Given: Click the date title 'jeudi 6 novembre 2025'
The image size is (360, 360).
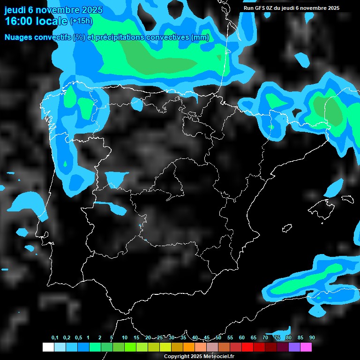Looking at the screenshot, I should click(x=53, y=10).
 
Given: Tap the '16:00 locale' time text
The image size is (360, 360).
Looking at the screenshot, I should click(x=36, y=21).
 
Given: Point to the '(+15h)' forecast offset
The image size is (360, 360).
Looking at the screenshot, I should click(x=81, y=21).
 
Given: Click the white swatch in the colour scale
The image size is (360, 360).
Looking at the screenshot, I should click(x=48, y=347).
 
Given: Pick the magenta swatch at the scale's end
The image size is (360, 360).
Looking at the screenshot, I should click(x=306, y=347).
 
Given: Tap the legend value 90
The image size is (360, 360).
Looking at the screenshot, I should click(x=312, y=338).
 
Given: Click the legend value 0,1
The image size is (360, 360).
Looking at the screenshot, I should click(x=55, y=338).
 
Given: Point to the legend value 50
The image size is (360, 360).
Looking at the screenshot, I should click(x=218, y=338).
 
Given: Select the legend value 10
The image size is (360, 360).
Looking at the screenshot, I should click(x=125, y=338).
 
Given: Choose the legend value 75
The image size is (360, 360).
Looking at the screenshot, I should click(x=277, y=338).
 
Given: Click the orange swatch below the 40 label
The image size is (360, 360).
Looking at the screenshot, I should click(x=189, y=347).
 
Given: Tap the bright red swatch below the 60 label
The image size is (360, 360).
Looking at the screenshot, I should click(x=247, y=347).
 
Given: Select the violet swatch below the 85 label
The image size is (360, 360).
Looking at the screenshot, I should click(x=294, y=347).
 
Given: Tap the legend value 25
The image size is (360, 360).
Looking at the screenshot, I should click(x=160, y=338).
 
